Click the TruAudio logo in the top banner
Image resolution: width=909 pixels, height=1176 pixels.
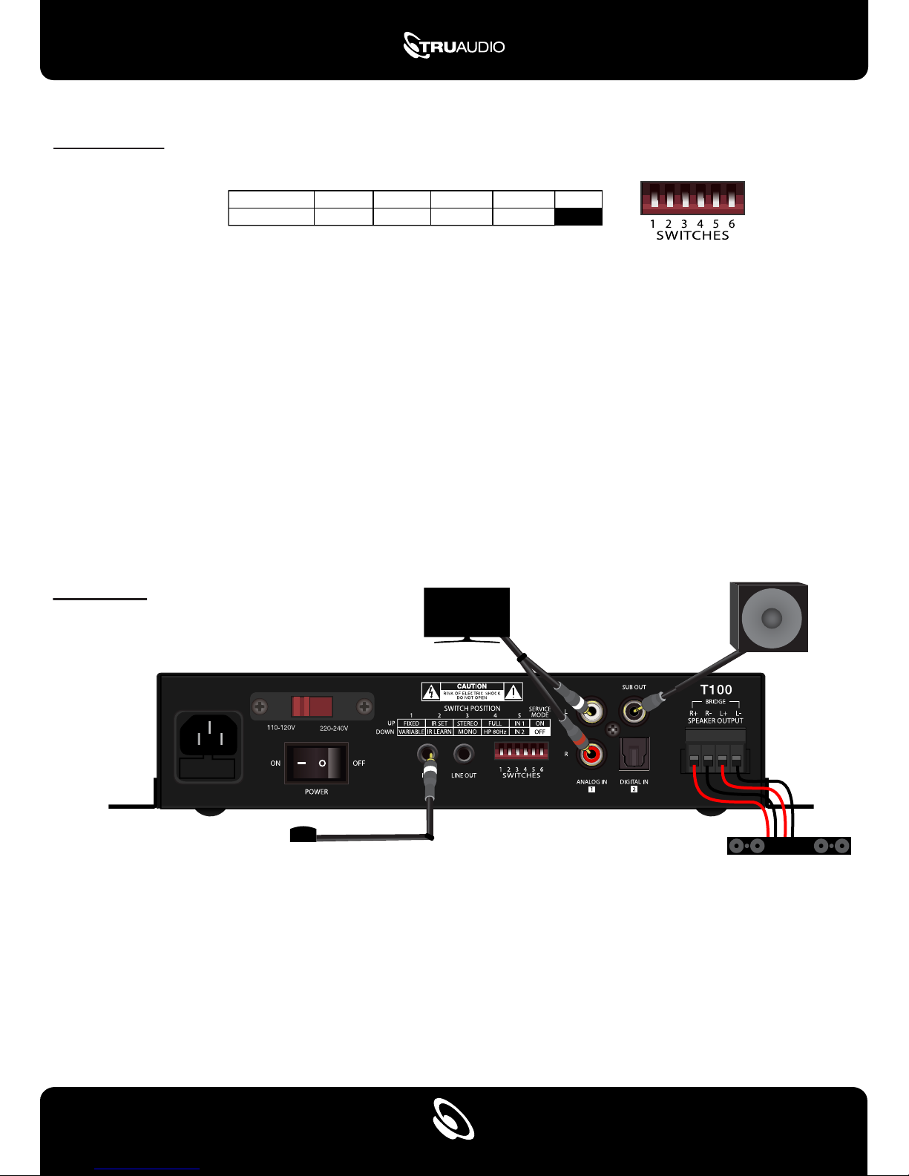pyautogui.click(x=453, y=46)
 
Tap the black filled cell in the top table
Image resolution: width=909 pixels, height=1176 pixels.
pyautogui.click(x=578, y=217)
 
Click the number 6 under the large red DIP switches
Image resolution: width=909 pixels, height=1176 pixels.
pyautogui.click(x=732, y=223)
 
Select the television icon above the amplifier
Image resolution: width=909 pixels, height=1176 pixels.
pyautogui.click(x=466, y=612)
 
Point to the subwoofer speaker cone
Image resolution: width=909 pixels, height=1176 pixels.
pyautogui.click(x=772, y=618)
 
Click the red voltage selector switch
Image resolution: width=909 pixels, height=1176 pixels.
pyautogui.click(x=312, y=706)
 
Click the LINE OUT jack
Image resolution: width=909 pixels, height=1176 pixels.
pyautogui.click(x=464, y=755)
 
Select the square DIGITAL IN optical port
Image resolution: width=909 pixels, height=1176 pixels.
pyautogui.click(x=634, y=753)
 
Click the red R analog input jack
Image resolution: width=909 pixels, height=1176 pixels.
pyautogui.click(x=592, y=755)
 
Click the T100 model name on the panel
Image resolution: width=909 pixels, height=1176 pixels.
pyautogui.click(x=716, y=690)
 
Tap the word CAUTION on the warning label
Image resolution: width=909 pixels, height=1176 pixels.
pyautogui.click(x=472, y=686)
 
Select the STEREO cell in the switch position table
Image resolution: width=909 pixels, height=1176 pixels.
pyautogui.click(x=467, y=723)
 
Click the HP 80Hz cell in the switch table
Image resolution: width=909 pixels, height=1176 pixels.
pyautogui.click(x=495, y=732)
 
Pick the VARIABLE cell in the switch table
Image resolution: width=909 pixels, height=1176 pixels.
pyautogui.click(x=411, y=732)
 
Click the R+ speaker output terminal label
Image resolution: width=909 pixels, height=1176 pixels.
pyautogui.click(x=693, y=714)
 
